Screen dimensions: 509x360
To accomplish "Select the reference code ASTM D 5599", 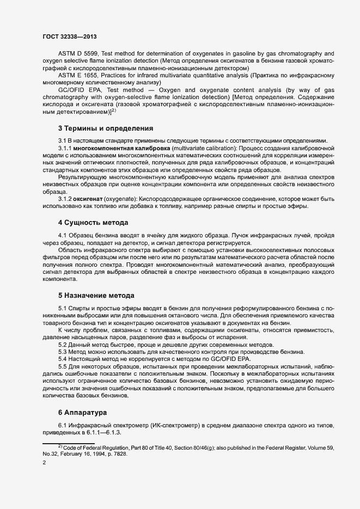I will pyautogui.click(x=80, y=54).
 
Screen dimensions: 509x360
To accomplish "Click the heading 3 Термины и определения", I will pyautogui.click(x=106, y=128).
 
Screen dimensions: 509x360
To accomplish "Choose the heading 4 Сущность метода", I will pyautogui.click(x=93, y=223).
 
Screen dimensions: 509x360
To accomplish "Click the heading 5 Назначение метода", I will pyautogui.click(x=96, y=296).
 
